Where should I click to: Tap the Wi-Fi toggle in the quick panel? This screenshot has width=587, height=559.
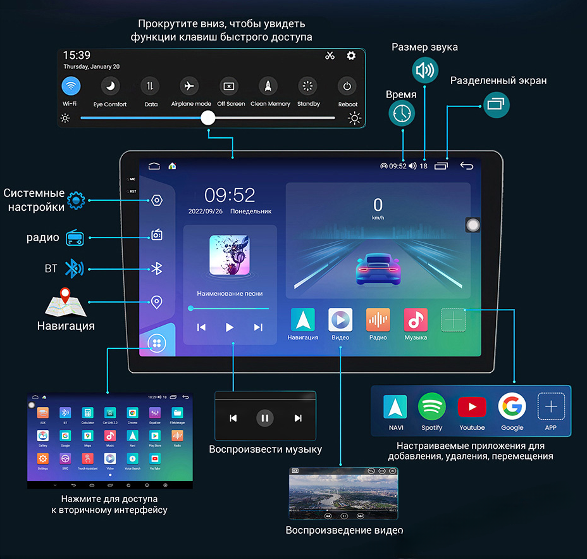[x=71, y=86]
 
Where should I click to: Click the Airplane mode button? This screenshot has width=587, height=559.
[x=189, y=86]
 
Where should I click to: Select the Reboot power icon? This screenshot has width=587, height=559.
[x=347, y=86]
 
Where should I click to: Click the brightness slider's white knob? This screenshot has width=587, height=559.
[x=208, y=118]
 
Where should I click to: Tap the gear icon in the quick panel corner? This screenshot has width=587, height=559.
[x=351, y=56]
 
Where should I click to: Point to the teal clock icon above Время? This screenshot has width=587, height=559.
[x=402, y=113]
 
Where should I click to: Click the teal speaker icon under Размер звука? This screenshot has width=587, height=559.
[x=424, y=70]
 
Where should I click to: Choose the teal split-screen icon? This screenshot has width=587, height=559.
[x=497, y=104]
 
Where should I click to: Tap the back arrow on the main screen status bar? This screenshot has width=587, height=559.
[x=466, y=166]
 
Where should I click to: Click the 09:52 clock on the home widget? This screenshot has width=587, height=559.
[x=230, y=195]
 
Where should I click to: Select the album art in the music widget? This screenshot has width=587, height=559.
[x=230, y=255]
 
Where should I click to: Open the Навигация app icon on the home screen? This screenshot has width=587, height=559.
[x=302, y=320]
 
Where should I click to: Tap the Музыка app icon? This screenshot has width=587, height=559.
[x=416, y=320]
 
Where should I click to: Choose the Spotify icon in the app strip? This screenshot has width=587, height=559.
[x=432, y=406]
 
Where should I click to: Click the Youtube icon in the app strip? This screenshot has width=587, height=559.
[x=472, y=406]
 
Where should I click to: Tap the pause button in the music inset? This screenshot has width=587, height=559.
[x=265, y=418]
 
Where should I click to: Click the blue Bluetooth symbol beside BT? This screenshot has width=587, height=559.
[x=75, y=268]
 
